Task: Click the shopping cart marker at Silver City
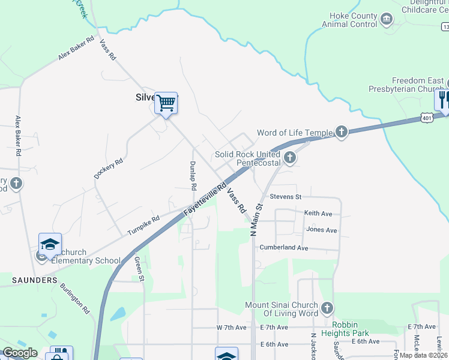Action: click(x=166, y=103)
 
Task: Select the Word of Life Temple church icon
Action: click(x=342, y=132)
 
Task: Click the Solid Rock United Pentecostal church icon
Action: click(x=290, y=158)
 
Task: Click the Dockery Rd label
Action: click(x=108, y=169)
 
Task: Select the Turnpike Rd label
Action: click(x=143, y=225)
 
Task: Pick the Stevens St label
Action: click(x=285, y=196)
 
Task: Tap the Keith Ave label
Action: click(x=318, y=213)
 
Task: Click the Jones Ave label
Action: click(x=321, y=230)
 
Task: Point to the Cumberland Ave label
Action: click(x=283, y=248)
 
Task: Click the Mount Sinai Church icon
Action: click(x=327, y=308)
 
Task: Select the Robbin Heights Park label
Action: click(x=353, y=328)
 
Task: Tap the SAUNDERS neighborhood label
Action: click(x=34, y=280)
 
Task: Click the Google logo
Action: click(x=20, y=353)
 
